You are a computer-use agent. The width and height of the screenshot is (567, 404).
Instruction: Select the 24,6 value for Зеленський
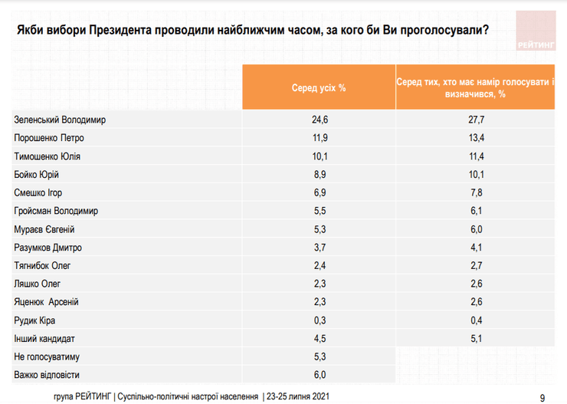coord(318,120)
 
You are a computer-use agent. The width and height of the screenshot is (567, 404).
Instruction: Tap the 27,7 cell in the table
coord(477,120)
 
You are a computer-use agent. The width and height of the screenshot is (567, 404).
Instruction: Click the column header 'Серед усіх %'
coord(318,87)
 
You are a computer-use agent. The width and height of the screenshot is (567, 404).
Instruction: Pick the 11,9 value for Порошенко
coord(318,138)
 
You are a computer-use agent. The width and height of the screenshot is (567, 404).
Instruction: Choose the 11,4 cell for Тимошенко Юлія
coord(477,156)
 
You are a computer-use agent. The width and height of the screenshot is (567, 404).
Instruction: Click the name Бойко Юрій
coord(37,175)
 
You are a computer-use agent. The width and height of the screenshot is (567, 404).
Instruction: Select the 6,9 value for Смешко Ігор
coord(318,192)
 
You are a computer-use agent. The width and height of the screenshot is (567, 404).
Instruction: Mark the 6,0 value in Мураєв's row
coord(477,229)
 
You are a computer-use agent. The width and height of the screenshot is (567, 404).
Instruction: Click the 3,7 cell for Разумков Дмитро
coord(318,248)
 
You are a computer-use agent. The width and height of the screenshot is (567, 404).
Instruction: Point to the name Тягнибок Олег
coord(43,265)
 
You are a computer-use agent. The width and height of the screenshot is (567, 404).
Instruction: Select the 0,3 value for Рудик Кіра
coord(318,320)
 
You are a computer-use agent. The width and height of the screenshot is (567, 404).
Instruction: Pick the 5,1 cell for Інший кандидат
coord(477,338)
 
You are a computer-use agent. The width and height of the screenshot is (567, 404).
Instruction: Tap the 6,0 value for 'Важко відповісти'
coord(318,374)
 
